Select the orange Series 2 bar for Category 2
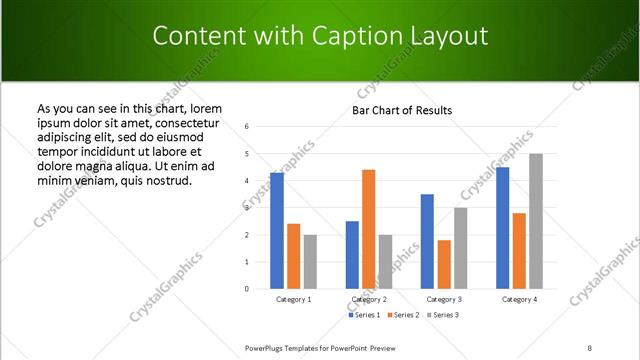(x=368, y=229)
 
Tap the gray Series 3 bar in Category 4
(x=536, y=221)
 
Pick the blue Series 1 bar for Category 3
(x=427, y=241)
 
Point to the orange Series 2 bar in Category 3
(x=444, y=264)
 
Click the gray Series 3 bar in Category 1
(x=310, y=261)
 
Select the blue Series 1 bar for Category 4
(x=502, y=228)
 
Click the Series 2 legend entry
(x=403, y=315)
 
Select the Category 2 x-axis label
(x=368, y=299)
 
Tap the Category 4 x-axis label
(x=518, y=299)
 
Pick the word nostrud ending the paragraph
(x=168, y=180)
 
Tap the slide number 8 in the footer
(x=590, y=347)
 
